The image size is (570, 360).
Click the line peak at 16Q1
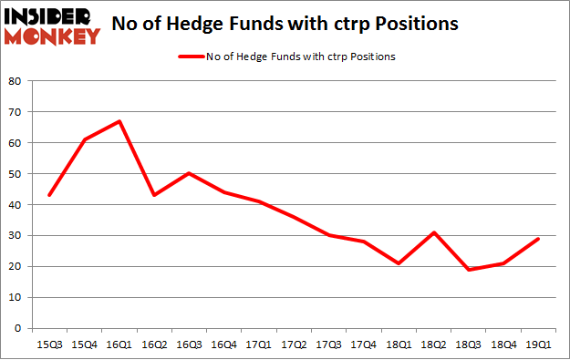(119, 121)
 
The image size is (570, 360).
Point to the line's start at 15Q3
(48, 195)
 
